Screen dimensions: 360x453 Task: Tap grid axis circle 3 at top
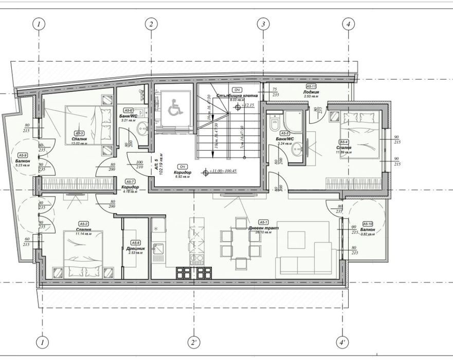[263, 24]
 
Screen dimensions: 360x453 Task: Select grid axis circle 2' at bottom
[193, 342]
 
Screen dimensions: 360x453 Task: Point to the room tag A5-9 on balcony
[23, 154]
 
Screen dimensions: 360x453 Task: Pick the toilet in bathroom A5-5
[274, 122]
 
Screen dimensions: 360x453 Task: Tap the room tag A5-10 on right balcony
[367, 224]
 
